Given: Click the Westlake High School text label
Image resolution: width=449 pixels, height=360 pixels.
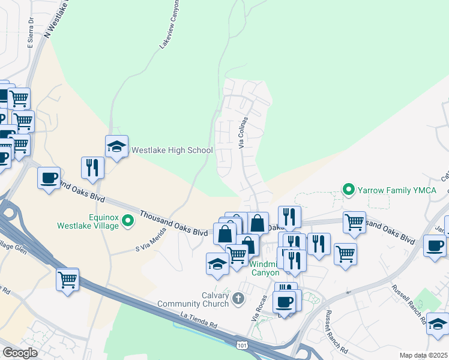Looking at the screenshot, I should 172,150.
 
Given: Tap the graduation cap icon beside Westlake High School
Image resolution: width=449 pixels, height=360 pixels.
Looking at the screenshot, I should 116,146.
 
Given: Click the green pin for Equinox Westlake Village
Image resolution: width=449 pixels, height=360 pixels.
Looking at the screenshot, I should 127,221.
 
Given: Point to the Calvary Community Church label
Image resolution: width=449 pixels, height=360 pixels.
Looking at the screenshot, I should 193,299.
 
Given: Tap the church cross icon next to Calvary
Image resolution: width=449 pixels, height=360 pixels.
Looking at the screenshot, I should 238,298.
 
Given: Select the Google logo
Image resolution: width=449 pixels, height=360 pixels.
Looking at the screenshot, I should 20,353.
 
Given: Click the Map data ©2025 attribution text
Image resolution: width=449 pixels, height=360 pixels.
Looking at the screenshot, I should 424,355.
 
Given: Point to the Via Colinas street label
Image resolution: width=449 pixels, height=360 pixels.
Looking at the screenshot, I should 243,133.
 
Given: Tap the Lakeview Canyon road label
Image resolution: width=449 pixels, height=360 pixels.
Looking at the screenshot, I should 169,33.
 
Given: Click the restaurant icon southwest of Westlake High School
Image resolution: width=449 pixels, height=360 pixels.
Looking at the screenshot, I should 92,167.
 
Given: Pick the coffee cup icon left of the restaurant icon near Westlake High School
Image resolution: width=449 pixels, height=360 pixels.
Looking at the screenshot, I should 49,178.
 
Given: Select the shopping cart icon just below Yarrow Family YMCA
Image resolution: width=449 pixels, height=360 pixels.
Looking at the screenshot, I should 354,222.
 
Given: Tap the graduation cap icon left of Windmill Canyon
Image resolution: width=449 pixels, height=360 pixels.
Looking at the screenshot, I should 217,263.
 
